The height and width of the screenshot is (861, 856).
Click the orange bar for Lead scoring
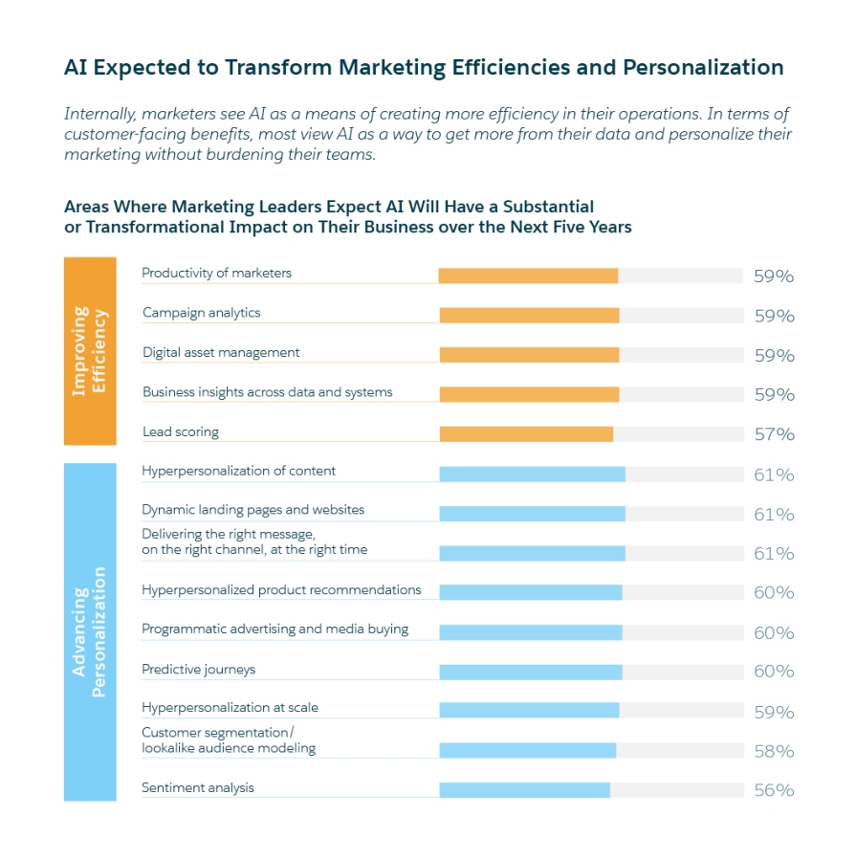tap(526, 434)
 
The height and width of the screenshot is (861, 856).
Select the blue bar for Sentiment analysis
tap(524, 790)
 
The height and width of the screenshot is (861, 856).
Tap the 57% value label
tap(774, 434)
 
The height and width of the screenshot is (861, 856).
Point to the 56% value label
tap(774, 790)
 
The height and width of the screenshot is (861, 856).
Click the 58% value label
tap(774, 751)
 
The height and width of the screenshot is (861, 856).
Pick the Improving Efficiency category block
tap(90, 351)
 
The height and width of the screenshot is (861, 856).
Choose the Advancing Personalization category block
tap(90, 632)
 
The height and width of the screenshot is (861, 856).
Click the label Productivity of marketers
tap(216, 273)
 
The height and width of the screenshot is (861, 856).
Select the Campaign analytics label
tap(201, 313)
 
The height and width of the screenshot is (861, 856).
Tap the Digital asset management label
tap(221, 352)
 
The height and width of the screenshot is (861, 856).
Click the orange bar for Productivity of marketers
tap(528, 276)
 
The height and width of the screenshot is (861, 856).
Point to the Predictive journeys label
tap(198, 670)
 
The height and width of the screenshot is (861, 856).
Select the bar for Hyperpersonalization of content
tap(532, 475)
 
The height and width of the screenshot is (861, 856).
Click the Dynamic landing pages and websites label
tap(252, 510)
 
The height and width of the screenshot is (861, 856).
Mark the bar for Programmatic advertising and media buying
tap(531, 632)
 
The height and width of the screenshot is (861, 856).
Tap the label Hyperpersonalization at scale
tap(230, 708)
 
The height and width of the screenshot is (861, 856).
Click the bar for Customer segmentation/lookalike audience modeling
tap(527, 751)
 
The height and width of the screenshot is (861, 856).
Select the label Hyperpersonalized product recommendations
tap(281, 590)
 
